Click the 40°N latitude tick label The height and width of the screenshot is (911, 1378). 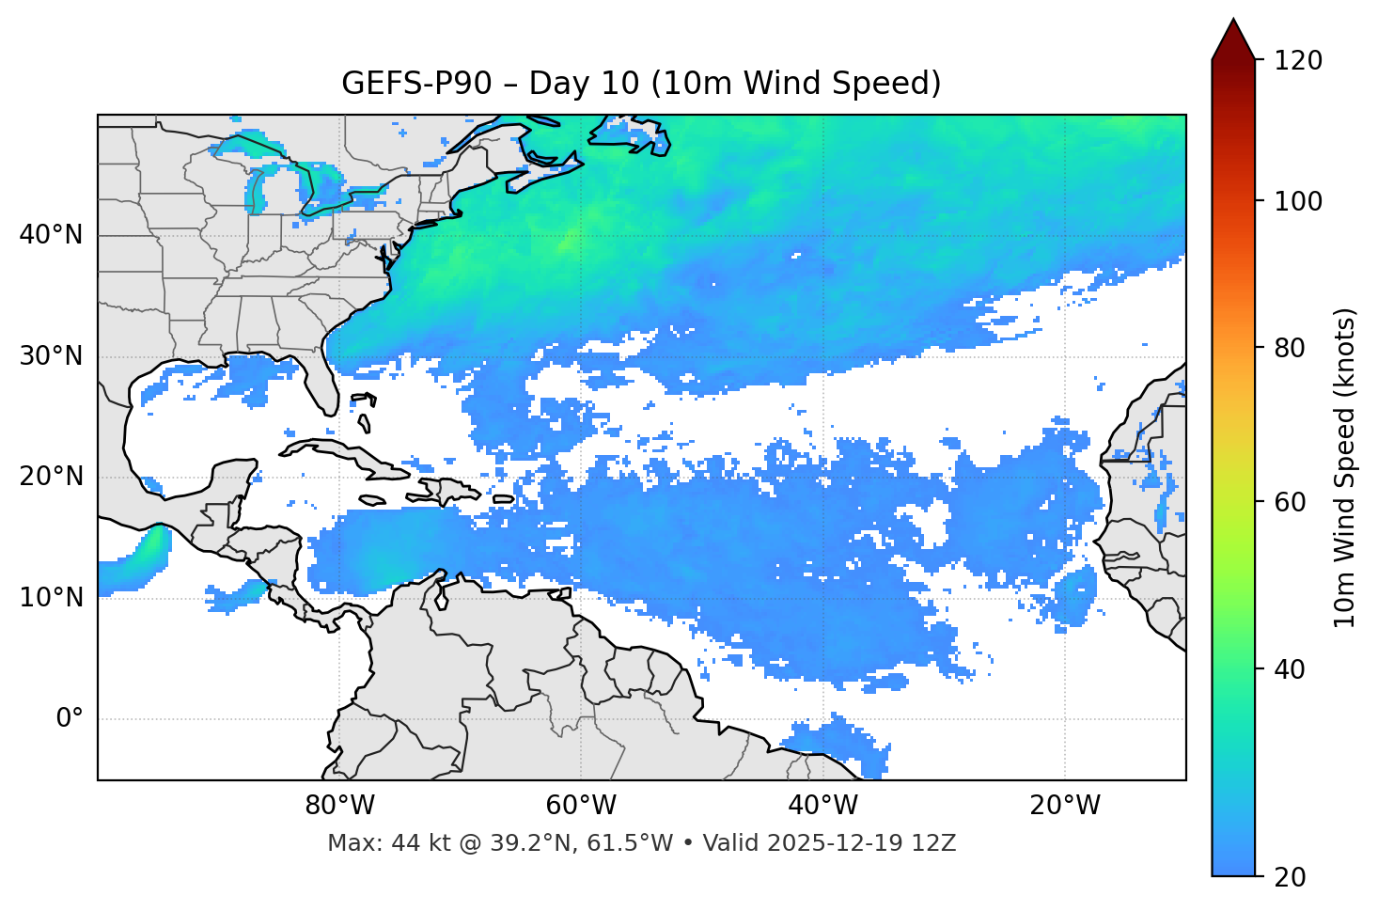point(51,235)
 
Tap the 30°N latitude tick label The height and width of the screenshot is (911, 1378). point(51,356)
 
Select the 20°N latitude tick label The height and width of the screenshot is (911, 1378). point(51,477)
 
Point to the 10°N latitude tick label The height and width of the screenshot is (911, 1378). point(51,598)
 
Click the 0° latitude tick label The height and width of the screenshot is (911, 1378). point(69,719)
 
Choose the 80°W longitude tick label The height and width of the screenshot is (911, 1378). point(339,806)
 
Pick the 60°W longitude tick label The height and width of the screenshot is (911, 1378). point(581,806)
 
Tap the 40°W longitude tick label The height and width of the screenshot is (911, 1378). point(822,806)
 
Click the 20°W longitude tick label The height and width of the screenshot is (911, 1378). point(1064,806)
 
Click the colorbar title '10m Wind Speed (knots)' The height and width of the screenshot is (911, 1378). point(1345,468)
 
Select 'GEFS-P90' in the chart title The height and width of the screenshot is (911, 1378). point(416,84)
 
